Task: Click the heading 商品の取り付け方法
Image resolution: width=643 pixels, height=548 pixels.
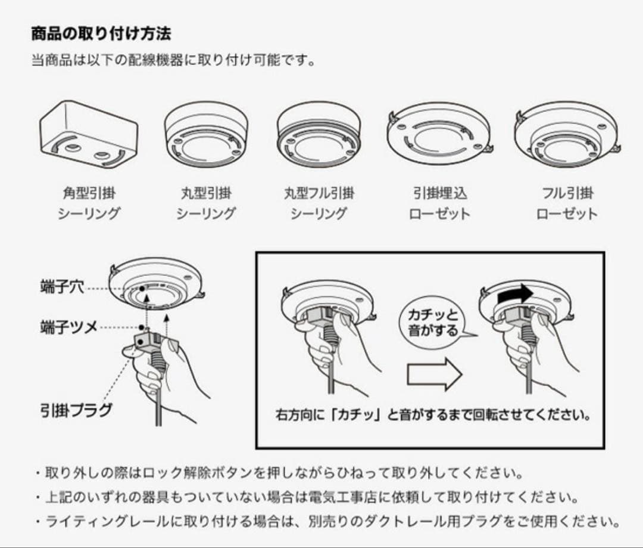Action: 101,33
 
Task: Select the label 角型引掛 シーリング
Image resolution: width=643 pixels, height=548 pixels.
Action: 89,203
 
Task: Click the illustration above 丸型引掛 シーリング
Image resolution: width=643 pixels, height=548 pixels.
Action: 205,134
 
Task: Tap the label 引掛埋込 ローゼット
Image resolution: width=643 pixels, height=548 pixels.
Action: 440,203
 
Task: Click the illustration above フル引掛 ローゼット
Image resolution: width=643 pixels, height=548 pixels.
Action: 566,134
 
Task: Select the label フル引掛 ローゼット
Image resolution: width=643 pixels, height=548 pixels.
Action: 566,203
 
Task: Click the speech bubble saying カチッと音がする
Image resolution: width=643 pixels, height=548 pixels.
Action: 433,323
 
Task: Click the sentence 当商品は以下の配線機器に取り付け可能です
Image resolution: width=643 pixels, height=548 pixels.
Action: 173,61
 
